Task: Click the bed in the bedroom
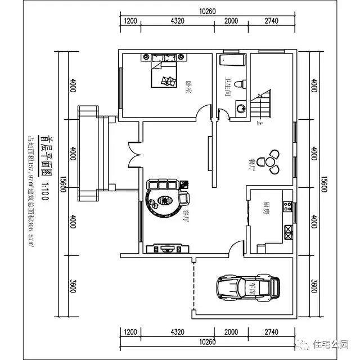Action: click(164, 73)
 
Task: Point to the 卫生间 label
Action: click(228, 86)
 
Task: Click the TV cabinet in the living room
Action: click(166, 248)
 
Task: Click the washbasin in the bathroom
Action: click(241, 106)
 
